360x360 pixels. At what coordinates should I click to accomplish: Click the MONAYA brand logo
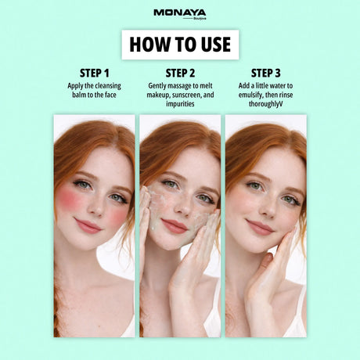click(x=180, y=14)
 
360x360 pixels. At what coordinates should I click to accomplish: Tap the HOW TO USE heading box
click(x=180, y=45)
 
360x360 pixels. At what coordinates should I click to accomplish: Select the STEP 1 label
click(x=95, y=74)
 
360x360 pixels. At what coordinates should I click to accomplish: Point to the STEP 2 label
click(x=180, y=74)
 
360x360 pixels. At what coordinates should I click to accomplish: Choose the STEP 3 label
click(x=266, y=74)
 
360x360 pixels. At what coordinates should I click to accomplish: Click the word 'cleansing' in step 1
click(x=107, y=86)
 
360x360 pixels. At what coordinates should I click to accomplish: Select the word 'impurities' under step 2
click(x=180, y=104)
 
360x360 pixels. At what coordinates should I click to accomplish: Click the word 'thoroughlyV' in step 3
click(x=266, y=104)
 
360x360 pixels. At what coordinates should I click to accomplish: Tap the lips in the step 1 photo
click(x=88, y=226)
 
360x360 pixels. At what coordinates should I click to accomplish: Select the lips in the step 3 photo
click(x=260, y=228)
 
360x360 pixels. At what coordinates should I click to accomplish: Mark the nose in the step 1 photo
click(x=95, y=206)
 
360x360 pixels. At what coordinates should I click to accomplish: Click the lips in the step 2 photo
click(x=174, y=226)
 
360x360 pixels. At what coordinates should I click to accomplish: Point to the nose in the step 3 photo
click(x=268, y=207)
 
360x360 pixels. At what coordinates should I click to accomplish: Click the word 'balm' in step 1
click(x=79, y=95)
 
